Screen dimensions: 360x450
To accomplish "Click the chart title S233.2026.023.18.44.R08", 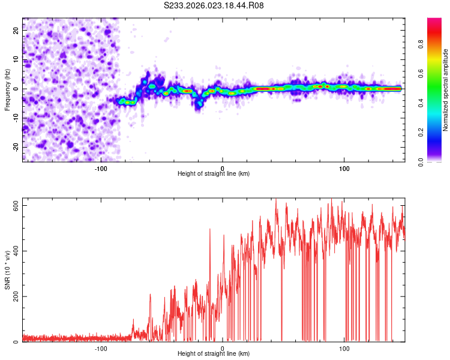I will tap(214, 5).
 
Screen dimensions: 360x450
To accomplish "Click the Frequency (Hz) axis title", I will tap(7, 89).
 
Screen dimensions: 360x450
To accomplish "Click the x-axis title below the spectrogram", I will tap(214, 173).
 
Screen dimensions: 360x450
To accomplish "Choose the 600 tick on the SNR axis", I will tap(13, 205).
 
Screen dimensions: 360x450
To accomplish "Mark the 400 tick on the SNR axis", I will tap(13, 251).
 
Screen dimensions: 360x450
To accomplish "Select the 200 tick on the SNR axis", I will tap(13, 296).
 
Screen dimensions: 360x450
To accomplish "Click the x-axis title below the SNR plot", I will tap(214, 354).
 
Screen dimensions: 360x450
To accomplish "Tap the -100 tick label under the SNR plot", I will tap(101, 348).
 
